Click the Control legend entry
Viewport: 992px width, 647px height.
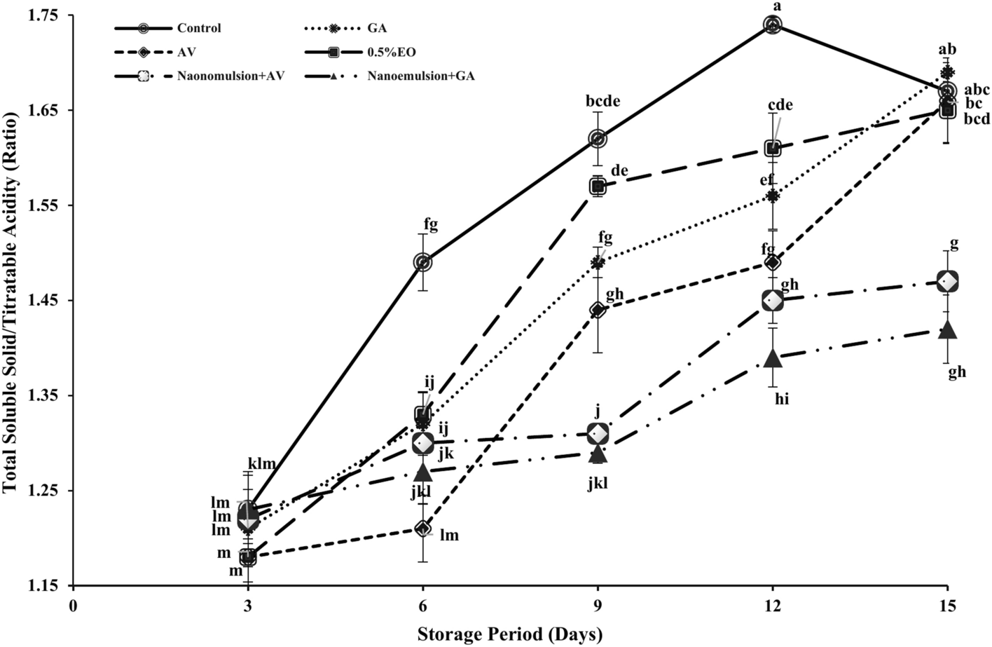pyautogui.click(x=199, y=29)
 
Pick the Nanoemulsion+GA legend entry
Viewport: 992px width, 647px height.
pyautogui.click(x=421, y=76)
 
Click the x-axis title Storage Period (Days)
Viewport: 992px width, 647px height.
pyautogui.click(x=510, y=634)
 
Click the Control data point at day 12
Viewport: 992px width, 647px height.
pyautogui.click(x=773, y=25)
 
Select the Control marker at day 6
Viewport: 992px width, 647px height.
pyautogui.click(x=422, y=262)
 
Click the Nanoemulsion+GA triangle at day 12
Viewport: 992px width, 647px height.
pyautogui.click(x=773, y=357)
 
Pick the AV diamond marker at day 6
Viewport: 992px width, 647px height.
pyautogui.click(x=422, y=529)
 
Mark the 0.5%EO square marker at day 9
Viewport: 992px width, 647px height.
pyautogui.click(x=598, y=186)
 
